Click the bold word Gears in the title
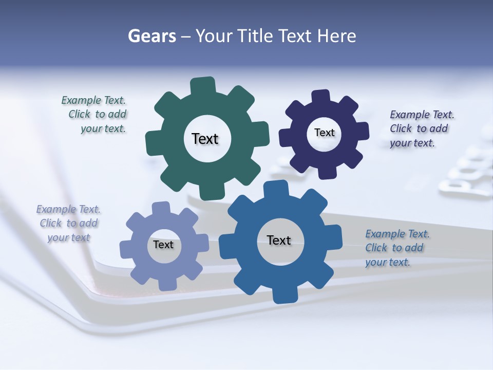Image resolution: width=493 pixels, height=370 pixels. [x=151, y=36]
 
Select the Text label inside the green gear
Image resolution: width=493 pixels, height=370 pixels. [x=205, y=139]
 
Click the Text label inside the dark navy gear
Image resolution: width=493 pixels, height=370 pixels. [x=324, y=133]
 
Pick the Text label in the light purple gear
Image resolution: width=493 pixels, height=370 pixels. [x=163, y=245]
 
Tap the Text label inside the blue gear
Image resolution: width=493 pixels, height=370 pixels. [x=279, y=240]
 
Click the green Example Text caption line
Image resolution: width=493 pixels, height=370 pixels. [x=93, y=100]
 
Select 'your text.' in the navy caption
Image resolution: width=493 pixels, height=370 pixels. [x=412, y=143]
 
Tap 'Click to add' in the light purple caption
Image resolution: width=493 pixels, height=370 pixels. [x=69, y=223]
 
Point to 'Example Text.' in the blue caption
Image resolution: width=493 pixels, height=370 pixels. [x=397, y=234]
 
